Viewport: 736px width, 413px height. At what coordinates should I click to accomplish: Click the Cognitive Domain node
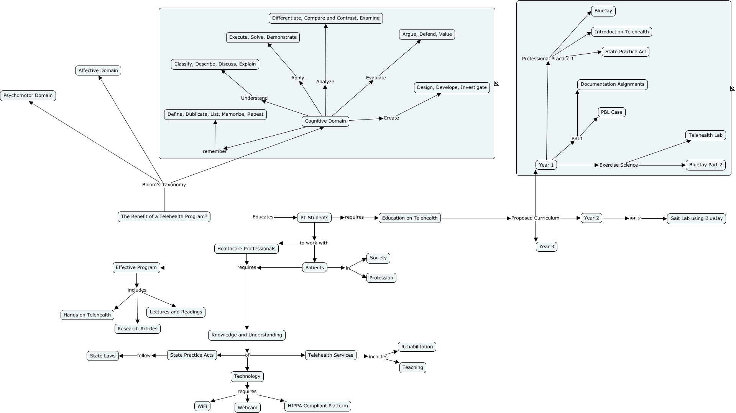coord(325,121)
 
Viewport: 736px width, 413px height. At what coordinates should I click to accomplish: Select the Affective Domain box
coord(98,70)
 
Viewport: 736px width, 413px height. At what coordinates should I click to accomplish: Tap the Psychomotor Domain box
coord(28,95)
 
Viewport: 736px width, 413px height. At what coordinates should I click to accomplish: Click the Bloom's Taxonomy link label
coord(164,185)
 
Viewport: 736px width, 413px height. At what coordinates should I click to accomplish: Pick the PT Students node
coord(314,218)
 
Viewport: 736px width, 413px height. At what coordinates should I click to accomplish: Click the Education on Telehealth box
coord(409,218)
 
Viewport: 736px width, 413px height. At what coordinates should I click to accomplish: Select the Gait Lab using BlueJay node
coord(696,218)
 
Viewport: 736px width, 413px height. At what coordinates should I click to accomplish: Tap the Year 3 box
coord(546,247)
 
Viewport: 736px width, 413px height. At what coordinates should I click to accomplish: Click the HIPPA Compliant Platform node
coord(317,406)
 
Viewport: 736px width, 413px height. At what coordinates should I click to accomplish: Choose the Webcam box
coord(247,408)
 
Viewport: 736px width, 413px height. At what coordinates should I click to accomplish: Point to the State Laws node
coord(102,356)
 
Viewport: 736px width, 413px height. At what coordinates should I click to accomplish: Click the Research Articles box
coord(137,329)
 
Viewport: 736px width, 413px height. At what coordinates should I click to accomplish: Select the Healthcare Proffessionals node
coord(246,249)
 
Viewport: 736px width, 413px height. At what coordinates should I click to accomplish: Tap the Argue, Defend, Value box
coord(427,34)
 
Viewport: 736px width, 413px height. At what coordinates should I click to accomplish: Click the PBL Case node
coord(611,112)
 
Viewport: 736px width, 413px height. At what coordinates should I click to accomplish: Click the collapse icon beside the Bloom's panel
coord(496,83)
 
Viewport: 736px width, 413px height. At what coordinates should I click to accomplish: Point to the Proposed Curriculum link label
coord(535,218)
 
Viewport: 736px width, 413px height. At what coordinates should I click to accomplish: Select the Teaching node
coord(412,367)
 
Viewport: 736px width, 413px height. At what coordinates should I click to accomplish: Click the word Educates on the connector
coord(263,217)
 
